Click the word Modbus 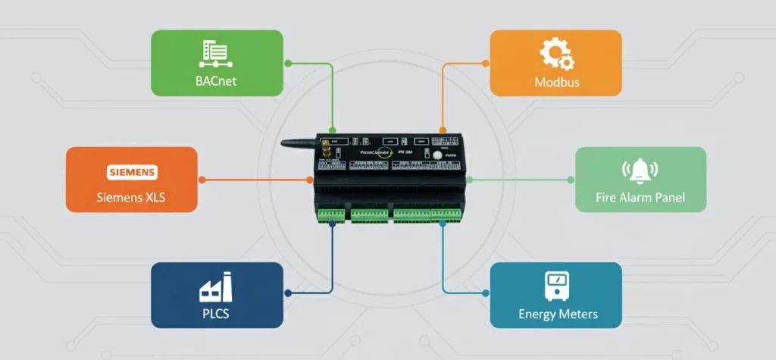pos(557,81)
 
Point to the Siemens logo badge pos(131,172)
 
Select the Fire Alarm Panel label pos(640,197)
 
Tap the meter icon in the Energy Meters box pos(557,286)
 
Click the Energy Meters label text pos(558,313)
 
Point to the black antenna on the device pos(299,142)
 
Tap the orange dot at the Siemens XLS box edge pos(202,180)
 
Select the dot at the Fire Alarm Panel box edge pos(571,180)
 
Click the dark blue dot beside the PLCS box pos(288,292)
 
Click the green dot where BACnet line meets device pos(331,130)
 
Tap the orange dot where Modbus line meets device pos(443,130)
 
